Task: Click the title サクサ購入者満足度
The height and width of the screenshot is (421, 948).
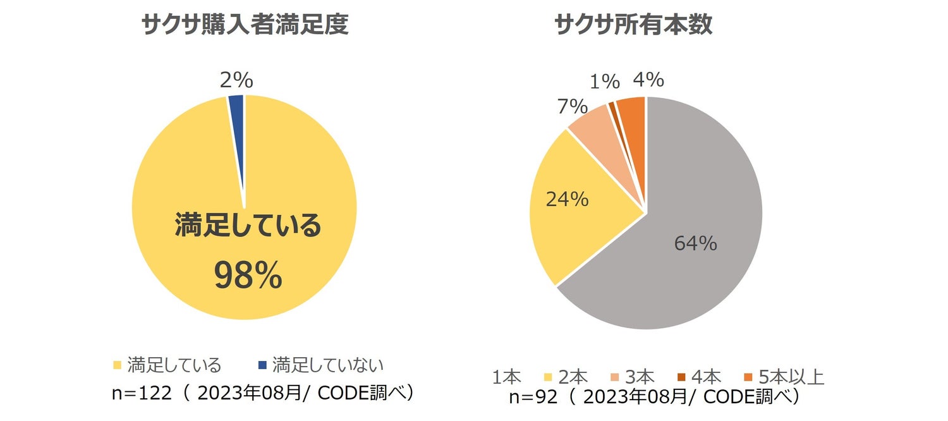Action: pos(245,25)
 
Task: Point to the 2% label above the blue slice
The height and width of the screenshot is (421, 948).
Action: pos(236,80)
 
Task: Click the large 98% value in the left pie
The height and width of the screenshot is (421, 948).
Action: pos(247,276)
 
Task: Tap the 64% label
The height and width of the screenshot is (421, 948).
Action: pos(695,243)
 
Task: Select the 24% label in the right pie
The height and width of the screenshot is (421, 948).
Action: pos(568,199)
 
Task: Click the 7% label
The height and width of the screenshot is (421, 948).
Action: pos(573,107)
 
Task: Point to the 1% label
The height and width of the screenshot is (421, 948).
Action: pos(605,82)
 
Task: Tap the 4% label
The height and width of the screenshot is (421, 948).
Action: pos(648,80)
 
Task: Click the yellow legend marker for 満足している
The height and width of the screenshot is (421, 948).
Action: pos(117,365)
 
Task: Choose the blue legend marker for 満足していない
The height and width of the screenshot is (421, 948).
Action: pos(262,365)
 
